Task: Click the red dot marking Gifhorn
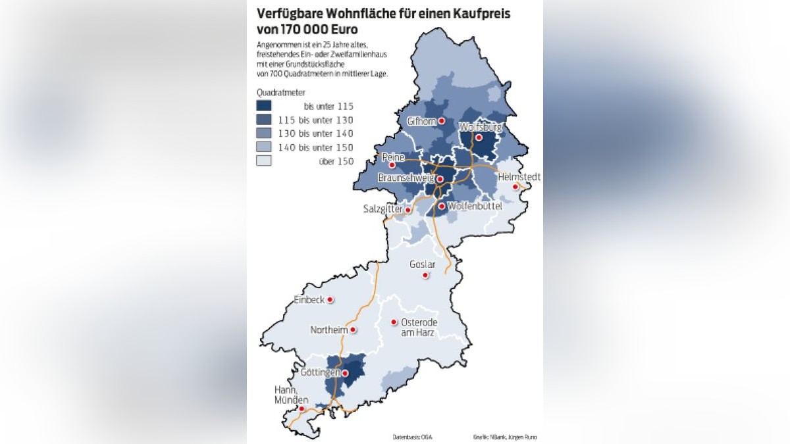pyautogui.click(x=443, y=122)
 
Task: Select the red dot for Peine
pyautogui.click(x=392, y=165)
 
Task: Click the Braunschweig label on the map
pyautogui.click(x=405, y=178)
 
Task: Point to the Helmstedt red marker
pyautogui.click(x=516, y=187)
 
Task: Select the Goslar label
pyautogui.click(x=423, y=264)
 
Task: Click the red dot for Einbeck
pyautogui.click(x=330, y=299)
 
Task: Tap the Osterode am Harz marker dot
pyautogui.click(x=394, y=322)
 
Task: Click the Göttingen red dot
pyautogui.click(x=344, y=373)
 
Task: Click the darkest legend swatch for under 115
pyautogui.click(x=264, y=106)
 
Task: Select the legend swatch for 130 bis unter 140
pyautogui.click(x=264, y=134)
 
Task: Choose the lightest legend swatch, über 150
pyautogui.click(x=264, y=161)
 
